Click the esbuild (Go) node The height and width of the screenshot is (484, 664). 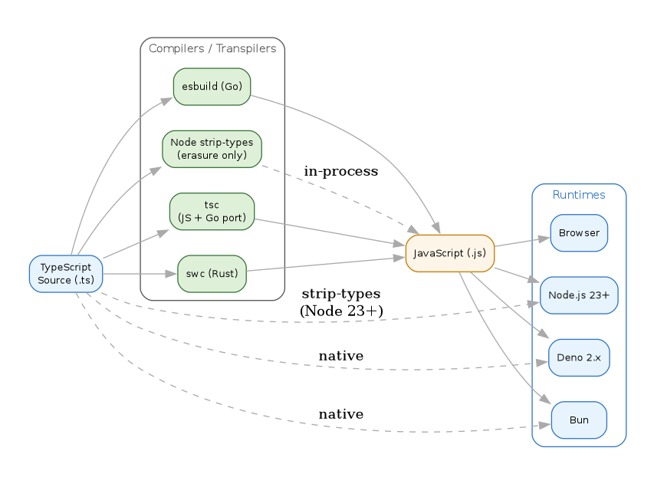click(x=212, y=87)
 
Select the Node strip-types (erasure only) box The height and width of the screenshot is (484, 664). click(x=212, y=149)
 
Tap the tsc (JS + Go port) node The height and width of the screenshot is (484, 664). click(x=212, y=212)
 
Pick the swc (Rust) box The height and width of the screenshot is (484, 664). click(x=212, y=274)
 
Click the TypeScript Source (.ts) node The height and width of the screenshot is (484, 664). click(x=66, y=274)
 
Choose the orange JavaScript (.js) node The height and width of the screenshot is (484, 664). click(x=449, y=253)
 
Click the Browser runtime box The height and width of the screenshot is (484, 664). click(x=579, y=233)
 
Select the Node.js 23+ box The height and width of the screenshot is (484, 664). click(x=579, y=295)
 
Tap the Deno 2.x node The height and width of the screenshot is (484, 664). click(x=579, y=357)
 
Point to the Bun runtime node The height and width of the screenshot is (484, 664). click(x=579, y=420)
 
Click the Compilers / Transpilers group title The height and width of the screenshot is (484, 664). click(x=212, y=49)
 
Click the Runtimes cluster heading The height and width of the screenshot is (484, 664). click(x=579, y=195)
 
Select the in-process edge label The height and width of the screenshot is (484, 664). click(x=340, y=171)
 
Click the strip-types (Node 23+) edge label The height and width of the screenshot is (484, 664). click(x=340, y=302)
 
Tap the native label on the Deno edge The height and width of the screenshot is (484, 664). click(x=340, y=356)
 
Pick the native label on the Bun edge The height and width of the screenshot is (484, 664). click(x=340, y=414)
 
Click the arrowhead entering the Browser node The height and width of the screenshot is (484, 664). click(x=544, y=239)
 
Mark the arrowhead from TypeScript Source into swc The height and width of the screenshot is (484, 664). click(x=172, y=274)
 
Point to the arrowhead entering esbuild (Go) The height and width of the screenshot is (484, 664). click(x=168, y=100)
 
